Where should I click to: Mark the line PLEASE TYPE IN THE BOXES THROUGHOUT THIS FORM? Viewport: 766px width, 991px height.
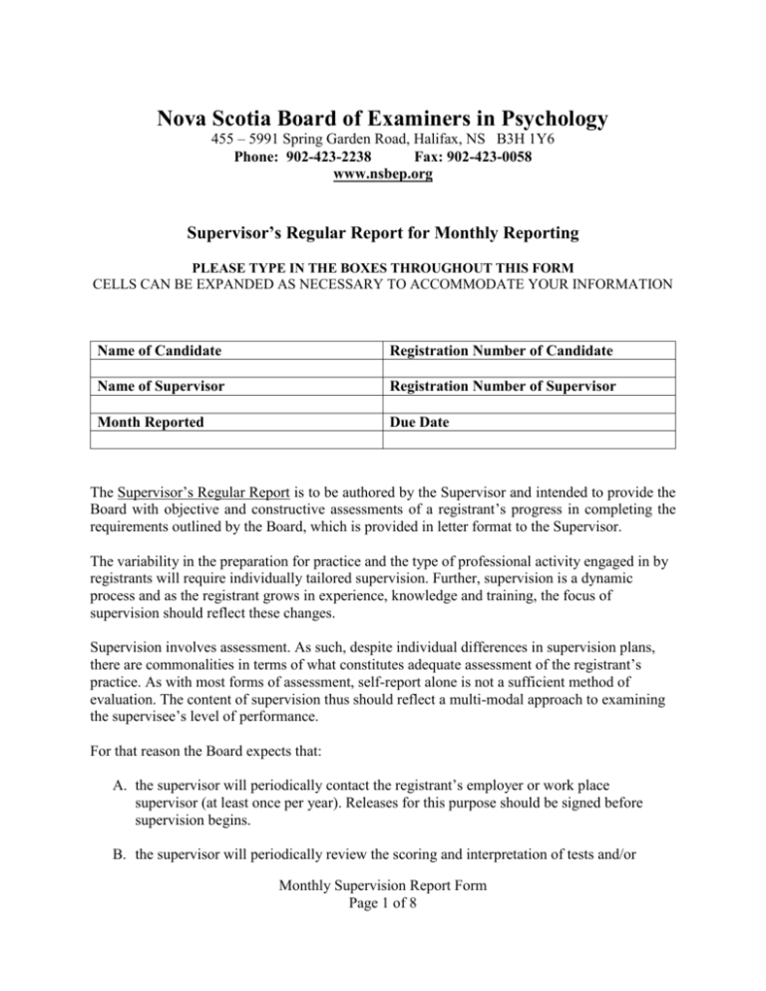(x=383, y=275)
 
